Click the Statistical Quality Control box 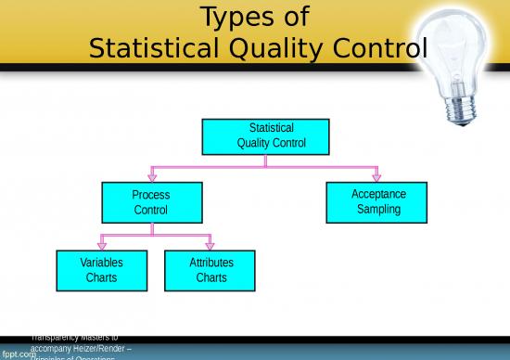pos(265,136)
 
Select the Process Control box pos(151,202)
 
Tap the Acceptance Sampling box pos(378,201)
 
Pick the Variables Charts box pos(101,270)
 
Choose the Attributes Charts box pos(211,270)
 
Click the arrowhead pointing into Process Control pos(152,176)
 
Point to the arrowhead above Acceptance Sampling pos(376,176)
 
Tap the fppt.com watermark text pos(19,354)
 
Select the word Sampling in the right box pos(378,210)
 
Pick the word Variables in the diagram pos(101,263)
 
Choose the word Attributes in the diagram pos(211,263)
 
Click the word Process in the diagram pos(151,195)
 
